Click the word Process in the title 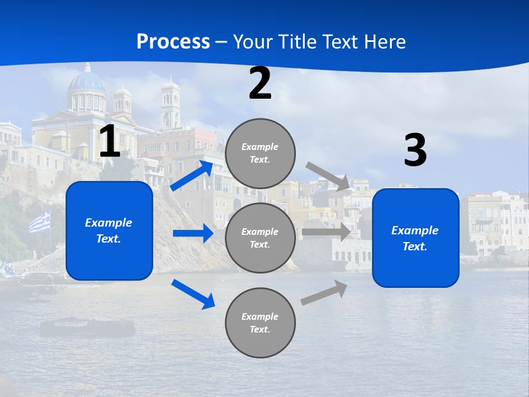(173, 42)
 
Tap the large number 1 (110, 142)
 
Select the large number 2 (260, 84)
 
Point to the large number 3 (415, 151)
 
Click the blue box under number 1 (109, 230)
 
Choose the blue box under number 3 (415, 238)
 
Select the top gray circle (260, 153)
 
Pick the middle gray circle (260, 238)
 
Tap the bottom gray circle (260, 323)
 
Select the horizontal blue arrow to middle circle (193, 233)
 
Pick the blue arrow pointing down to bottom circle (193, 294)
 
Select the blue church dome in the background (87, 82)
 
